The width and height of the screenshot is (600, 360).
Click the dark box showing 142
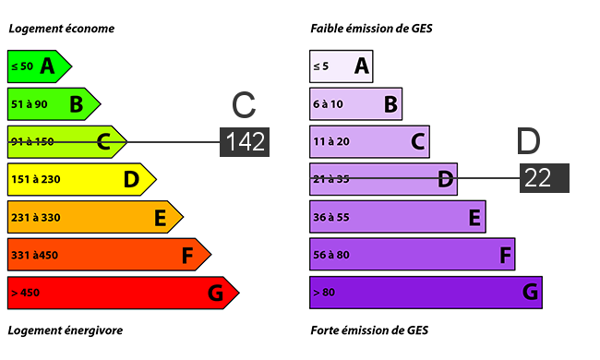point(245,142)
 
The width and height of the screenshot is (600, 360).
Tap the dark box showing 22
point(544,178)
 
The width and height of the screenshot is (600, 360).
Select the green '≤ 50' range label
point(22,66)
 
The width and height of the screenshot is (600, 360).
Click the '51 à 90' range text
point(30,104)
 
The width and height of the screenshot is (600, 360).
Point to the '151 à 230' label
point(36,179)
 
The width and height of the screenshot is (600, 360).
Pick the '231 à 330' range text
point(36,217)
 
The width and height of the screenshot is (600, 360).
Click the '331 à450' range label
point(34,255)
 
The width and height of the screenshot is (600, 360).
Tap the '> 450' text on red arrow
point(25,293)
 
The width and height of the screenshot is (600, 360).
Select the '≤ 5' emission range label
point(320,66)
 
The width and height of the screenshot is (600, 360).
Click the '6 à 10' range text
point(328,104)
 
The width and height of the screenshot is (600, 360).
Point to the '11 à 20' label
point(331,142)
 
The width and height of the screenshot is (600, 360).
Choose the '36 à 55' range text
point(331,217)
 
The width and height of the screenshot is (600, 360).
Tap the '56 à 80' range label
point(331,255)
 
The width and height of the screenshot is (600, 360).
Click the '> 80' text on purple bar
point(324,293)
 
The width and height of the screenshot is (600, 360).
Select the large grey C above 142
point(244,104)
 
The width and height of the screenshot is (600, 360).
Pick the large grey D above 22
point(528,141)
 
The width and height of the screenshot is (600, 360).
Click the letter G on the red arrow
point(215,293)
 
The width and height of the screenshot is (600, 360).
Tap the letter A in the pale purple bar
point(362,66)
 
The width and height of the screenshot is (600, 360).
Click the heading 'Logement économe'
point(62,29)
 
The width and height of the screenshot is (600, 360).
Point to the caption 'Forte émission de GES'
point(369,330)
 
